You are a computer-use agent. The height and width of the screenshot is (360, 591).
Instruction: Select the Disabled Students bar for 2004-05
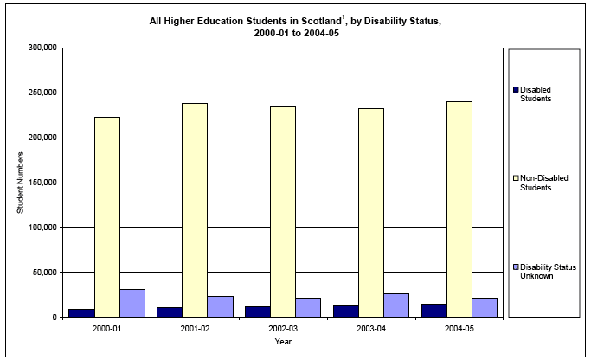434,311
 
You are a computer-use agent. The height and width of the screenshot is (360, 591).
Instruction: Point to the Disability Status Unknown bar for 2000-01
132,303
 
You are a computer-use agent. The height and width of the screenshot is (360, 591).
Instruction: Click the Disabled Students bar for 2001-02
170,312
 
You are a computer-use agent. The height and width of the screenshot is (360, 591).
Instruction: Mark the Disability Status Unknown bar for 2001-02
221,306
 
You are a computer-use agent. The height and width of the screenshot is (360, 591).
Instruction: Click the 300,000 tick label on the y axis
42,48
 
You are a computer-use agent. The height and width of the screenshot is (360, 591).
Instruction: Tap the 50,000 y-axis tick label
44,273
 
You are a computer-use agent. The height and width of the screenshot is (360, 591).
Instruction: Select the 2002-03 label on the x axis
283,329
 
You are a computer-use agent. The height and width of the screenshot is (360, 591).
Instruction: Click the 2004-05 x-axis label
459,329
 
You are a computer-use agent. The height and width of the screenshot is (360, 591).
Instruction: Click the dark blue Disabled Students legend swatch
517,89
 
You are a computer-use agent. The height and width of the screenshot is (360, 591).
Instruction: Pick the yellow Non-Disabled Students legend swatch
517,178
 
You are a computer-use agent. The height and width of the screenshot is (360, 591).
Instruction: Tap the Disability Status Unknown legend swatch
517,267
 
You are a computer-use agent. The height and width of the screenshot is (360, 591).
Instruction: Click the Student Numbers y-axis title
20,183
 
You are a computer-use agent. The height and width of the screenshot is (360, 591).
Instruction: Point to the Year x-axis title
283,343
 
